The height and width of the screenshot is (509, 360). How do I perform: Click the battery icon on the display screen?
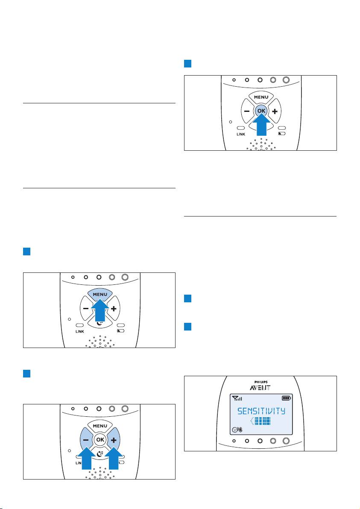coord(286,398)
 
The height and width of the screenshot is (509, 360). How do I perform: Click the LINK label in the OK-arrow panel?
coord(241,134)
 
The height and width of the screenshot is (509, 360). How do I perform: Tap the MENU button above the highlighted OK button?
coord(260,97)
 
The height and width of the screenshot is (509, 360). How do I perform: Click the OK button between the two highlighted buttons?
coord(100,439)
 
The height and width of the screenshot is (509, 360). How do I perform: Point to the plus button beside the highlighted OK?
coord(275,111)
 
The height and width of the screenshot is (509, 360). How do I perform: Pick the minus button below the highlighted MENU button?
coord(85,308)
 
